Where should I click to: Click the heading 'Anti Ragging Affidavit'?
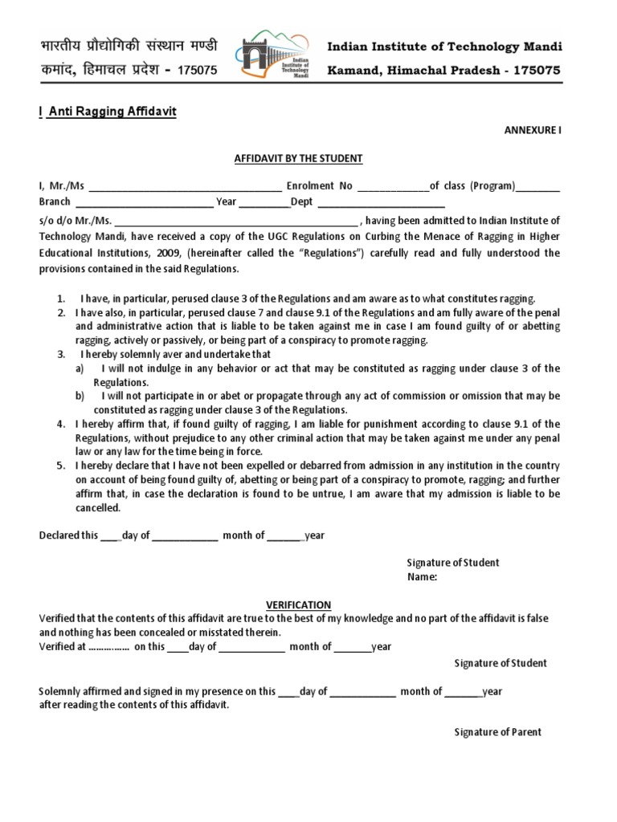pyautogui.click(x=111, y=112)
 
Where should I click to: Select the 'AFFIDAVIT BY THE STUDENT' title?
pyautogui.click(x=299, y=159)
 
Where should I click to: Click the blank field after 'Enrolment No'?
pyautogui.click(x=393, y=186)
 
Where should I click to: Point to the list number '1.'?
pyautogui.click(x=61, y=298)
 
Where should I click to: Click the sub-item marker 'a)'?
pyautogui.click(x=80, y=368)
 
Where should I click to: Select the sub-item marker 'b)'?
pyautogui.click(x=80, y=397)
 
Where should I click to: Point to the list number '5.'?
pyautogui.click(x=61, y=466)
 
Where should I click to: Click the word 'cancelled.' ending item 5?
pyautogui.click(x=98, y=508)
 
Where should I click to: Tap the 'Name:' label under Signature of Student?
pyautogui.click(x=422, y=576)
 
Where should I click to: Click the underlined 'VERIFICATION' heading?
pyautogui.click(x=298, y=604)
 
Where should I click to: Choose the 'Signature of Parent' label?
pyautogui.click(x=497, y=732)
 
